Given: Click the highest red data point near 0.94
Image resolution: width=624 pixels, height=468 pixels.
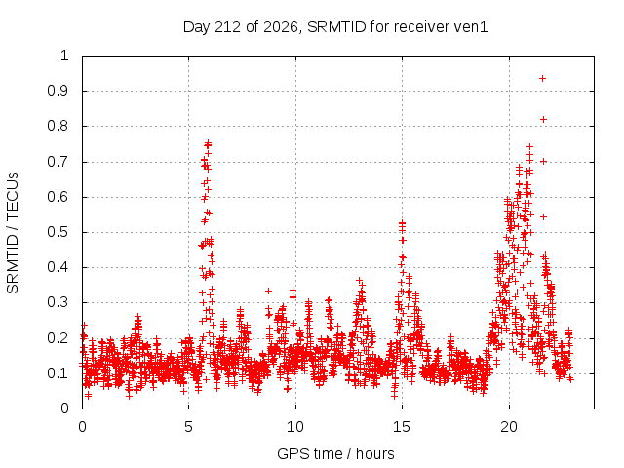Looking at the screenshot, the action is coord(542,78).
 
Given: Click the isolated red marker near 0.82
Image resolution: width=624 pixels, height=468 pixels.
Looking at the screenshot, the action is coord(543,119).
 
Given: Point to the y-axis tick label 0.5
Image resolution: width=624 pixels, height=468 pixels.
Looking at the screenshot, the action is coord(58,232).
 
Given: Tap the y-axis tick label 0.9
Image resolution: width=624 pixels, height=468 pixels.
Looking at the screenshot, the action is coord(58,91).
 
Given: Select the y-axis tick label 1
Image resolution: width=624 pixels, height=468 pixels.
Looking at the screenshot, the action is coord(65,56).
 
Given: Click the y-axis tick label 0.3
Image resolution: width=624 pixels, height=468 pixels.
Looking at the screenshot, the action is coord(58,302).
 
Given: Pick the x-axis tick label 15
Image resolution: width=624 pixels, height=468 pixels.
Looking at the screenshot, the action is coord(402,427).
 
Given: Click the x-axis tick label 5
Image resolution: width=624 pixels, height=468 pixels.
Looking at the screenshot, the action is coord(188,427).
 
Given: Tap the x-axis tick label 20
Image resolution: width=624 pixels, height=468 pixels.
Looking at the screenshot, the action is coord(509,427).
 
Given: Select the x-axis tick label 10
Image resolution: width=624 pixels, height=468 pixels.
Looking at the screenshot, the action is coord(294,427).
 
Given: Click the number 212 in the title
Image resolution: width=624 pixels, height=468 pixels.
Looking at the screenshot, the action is coord(227,27).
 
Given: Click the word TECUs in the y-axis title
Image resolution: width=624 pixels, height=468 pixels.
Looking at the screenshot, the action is coord(13,196).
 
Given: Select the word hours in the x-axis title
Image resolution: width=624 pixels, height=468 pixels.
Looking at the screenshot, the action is coord(374,454).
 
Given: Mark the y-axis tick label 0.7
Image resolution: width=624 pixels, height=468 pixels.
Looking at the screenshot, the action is coord(58,162).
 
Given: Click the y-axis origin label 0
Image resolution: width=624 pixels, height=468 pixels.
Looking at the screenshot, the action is coord(65,409).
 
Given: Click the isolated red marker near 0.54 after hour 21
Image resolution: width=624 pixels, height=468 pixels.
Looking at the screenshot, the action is coord(543,216).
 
